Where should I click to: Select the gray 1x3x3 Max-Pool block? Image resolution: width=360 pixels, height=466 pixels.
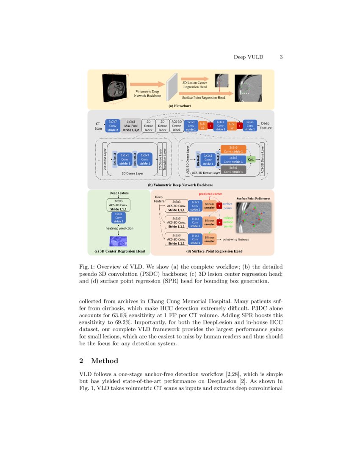tap(131, 125)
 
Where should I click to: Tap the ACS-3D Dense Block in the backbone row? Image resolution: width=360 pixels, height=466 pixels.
tap(177, 125)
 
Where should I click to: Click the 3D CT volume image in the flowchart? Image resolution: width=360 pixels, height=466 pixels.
tap(115, 88)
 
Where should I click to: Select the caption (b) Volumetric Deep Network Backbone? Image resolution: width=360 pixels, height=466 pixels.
tap(180, 185)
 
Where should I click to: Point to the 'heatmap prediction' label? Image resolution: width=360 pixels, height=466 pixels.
tap(119, 228)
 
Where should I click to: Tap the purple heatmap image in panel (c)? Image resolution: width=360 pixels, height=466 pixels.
tap(120, 241)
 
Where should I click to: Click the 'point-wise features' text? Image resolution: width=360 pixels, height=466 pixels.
tap(233, 239)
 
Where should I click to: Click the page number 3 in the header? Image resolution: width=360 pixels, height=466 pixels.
tap(281, 57)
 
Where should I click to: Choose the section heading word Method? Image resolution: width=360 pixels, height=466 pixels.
tap(104, 361)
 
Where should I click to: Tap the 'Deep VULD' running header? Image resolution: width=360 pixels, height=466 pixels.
tap(249, 57)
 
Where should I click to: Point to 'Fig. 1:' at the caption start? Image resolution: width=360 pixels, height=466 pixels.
tap(86, 267)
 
